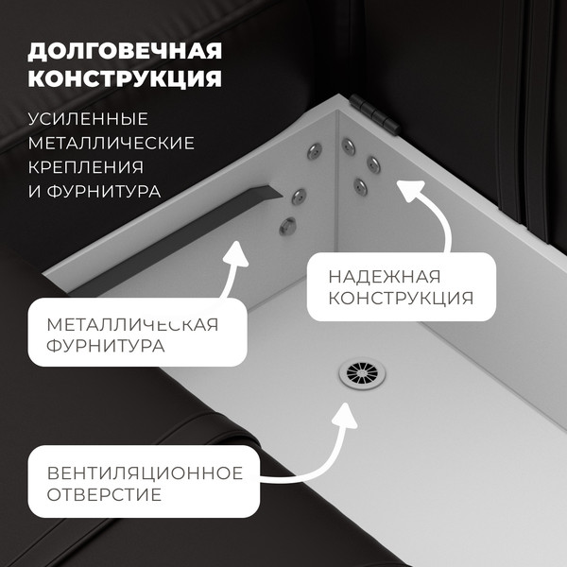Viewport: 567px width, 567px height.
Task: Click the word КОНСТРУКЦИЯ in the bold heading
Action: [x=125, y=77]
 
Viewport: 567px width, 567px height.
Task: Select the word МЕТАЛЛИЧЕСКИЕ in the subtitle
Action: [x=112, y=144]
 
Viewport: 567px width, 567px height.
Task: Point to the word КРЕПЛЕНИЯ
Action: [x=86, y=167]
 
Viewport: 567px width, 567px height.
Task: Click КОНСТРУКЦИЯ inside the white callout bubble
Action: [x=401, y=300]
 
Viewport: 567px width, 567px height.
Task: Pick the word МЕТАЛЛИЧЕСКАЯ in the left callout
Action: [x=132, y=324]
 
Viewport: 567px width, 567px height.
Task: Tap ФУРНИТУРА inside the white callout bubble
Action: [x=105, y=347]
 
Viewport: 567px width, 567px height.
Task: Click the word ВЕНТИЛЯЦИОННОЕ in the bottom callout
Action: [x=145, y=472]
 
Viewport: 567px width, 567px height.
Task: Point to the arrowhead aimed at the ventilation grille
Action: [x=343, y=415]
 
